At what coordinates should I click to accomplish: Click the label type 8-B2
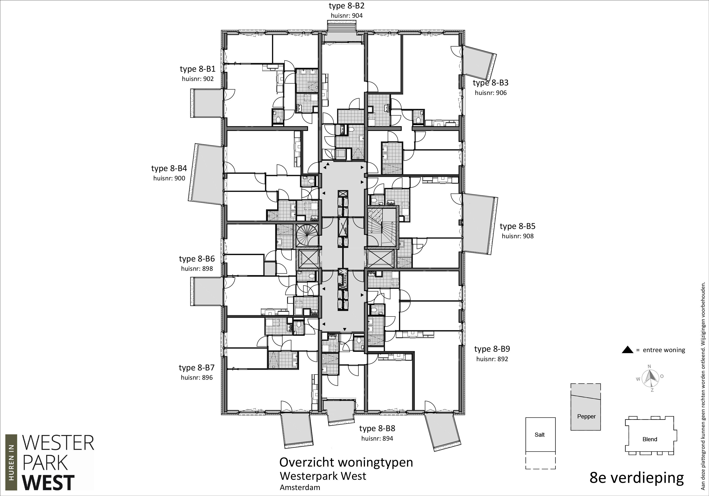pos(346,6)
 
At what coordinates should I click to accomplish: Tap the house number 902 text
pos(198,79)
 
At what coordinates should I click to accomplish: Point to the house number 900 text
pos(169,178)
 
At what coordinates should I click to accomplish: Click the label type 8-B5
pos(517,226)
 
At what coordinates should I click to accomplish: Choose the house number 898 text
pos(197,268)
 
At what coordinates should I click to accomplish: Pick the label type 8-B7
pos(197,368)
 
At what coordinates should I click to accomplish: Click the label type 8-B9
pos(492,349)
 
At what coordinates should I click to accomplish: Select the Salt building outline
pos(540,435)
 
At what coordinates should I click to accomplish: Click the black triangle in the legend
pos(628,350)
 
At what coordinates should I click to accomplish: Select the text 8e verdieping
pos(637,477)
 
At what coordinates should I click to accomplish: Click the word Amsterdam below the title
pos(300,487)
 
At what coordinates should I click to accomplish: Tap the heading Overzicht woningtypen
pos(346,462)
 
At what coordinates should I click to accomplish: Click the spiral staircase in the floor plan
pos(307,236)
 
